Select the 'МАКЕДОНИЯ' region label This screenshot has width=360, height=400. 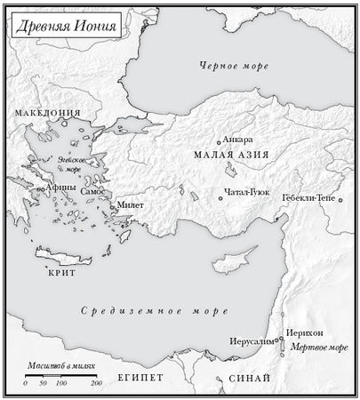coord(47,114)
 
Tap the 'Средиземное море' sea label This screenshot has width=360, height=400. coord(154,312)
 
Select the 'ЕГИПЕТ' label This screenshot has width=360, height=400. coord(140,378)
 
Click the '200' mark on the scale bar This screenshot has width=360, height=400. coord(96,383)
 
